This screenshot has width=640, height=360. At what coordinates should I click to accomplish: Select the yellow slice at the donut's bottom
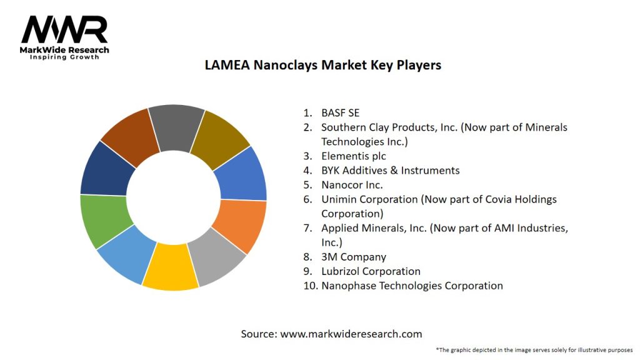(170, 267)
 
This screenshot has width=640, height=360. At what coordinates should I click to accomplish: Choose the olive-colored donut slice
(219, 138)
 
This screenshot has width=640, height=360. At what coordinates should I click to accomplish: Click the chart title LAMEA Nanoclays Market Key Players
(323, 65)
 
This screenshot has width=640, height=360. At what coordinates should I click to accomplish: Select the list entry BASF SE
(340, 113)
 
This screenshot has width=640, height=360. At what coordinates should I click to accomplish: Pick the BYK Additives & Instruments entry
(390, 171)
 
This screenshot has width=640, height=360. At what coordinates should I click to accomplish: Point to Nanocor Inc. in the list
(352, 185)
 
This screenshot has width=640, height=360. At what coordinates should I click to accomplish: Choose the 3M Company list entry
(354, 257)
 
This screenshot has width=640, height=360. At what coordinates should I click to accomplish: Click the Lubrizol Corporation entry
(371, 271)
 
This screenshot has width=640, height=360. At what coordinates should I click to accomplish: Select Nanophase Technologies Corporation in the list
(412, 286)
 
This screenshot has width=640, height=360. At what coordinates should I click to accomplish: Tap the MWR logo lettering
(64, 29)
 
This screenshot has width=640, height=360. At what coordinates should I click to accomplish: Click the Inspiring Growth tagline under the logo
(64, 57)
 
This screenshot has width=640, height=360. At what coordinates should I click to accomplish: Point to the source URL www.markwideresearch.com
(351, 334)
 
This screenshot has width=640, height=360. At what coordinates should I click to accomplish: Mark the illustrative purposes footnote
(534, 349)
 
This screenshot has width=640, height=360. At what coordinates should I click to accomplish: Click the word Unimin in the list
(338, 199)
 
